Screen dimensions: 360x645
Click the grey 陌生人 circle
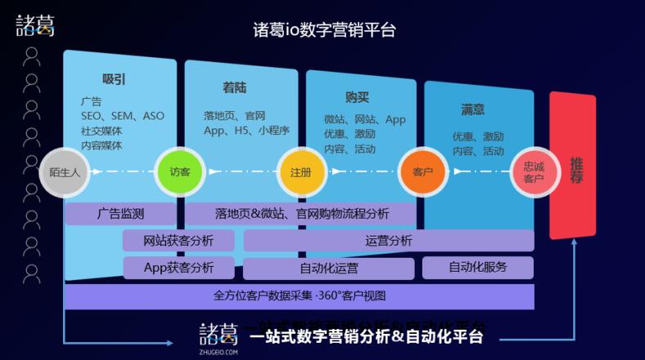pos(63,172)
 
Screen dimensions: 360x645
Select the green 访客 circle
pos(179,172)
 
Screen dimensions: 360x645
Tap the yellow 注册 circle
pos(300,172)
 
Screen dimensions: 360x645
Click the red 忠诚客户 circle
pos(534,172)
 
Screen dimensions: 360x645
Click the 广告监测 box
pos(120,214)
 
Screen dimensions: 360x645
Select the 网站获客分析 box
pos(178,241)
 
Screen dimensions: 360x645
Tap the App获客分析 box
pos(178,268)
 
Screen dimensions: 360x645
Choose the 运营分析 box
pos(389,241)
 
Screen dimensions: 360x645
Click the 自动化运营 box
pos(328,268)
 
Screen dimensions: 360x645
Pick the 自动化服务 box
pos(477,267)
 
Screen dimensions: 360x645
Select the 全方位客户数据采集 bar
pos(299,295)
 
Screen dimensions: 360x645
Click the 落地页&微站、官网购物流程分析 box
pos(302,214)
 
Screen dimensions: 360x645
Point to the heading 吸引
pos(114,79)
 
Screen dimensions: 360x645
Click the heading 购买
pos(357,97)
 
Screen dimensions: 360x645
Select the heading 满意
pos(472,109)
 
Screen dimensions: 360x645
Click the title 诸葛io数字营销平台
pos(324,30)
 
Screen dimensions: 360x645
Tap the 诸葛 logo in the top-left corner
pos(35,25)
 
